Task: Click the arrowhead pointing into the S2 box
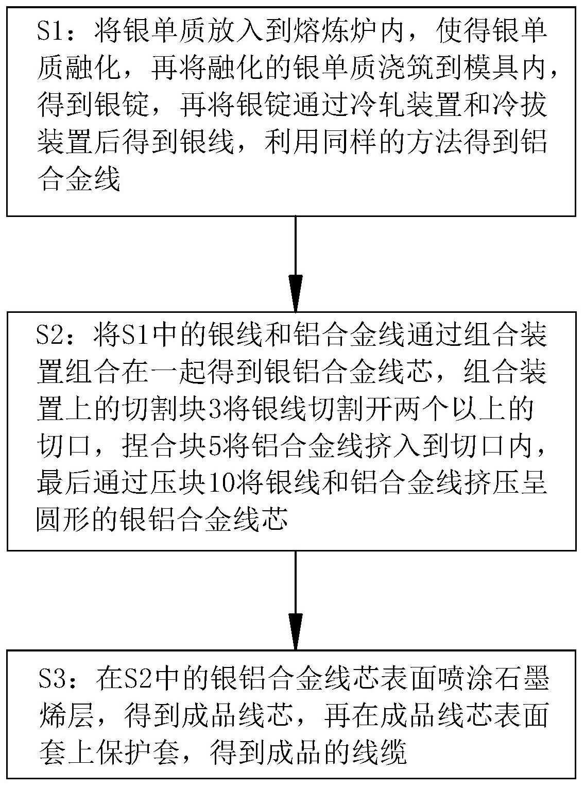296,293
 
